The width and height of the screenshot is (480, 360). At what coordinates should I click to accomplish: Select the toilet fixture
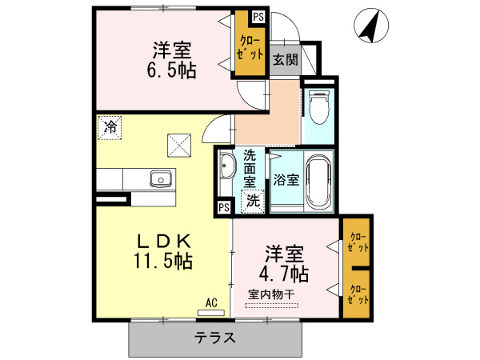318,109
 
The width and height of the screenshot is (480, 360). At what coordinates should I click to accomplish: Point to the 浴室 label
286,179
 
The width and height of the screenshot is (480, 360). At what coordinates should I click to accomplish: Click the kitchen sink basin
160,179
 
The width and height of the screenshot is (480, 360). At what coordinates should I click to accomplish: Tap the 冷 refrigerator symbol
110,126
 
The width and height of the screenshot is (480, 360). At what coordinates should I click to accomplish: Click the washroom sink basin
226,169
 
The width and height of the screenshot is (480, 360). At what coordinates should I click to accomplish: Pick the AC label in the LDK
211,302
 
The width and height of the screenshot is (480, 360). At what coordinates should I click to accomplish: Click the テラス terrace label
215,337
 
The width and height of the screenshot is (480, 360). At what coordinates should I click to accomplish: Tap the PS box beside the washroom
223,208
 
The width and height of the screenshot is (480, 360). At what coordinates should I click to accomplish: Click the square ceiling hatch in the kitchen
176,145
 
